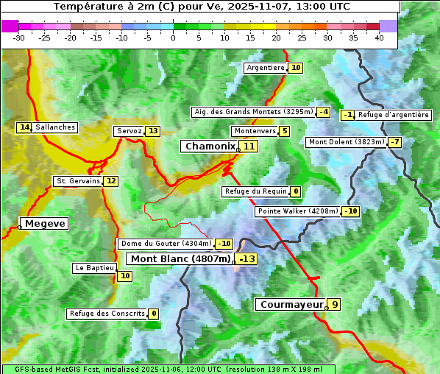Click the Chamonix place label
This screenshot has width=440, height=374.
tap(210, 147)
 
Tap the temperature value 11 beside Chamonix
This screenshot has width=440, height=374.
tap(249, 147)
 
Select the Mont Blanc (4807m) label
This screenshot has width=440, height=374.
tap(180, 259)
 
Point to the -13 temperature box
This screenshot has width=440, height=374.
tap(246, 259)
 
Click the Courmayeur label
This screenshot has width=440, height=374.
tap(291, 304)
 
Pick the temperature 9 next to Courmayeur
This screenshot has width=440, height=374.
tap(334, 304)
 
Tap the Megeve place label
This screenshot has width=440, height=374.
tap(44, 223)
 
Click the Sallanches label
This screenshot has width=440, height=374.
tap(55, 127)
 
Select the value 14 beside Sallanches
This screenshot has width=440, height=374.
tap(24, 127)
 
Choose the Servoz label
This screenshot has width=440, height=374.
tap(129, 131)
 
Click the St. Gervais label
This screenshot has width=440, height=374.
tap(77, 181)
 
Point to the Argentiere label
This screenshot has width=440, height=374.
tap(265, 68)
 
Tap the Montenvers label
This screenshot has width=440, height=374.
tap(255, 131)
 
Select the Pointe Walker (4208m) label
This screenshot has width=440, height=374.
tap(297, 211)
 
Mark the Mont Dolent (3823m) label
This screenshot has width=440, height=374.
tap(346, 142)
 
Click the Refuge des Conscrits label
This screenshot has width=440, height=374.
tap(106, 314)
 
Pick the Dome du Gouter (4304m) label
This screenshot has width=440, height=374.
tap(166, 244)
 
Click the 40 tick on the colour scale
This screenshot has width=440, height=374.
tap(379, 38)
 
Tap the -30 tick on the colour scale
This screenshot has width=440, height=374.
tap(19, 38)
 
